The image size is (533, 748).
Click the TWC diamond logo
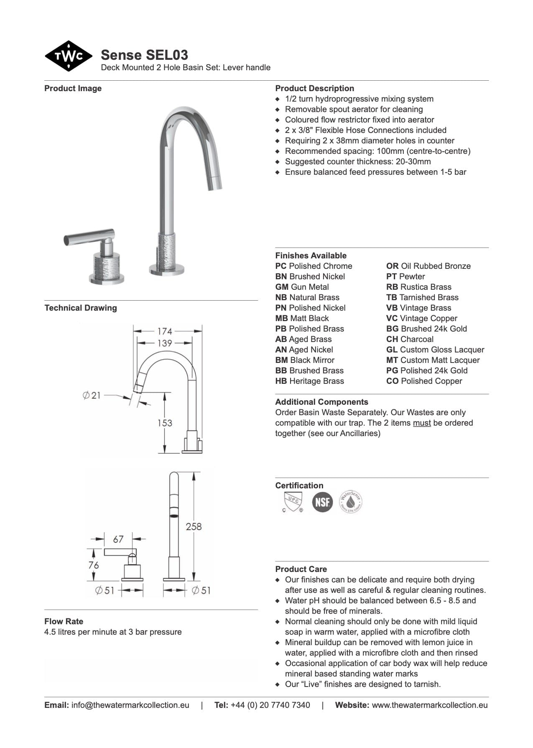(68, 56)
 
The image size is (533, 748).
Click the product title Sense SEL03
(144, 55)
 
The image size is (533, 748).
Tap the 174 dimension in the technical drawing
(165, 331)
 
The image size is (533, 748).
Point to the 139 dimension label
(165, 343)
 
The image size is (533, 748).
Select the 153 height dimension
(165, 423)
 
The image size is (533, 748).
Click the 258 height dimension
(194, 526)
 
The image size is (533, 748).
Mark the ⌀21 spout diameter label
(92, 395)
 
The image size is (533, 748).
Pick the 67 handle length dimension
(118, 539)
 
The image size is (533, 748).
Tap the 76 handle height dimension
(94, 565)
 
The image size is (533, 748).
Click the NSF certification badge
(322, 502)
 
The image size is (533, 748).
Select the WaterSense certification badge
(350, 501)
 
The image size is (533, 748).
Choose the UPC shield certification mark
(293, 502)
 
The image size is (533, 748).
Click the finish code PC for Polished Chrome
(281, 266)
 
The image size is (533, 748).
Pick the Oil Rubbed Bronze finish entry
(428, 266)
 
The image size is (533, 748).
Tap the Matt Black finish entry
(302, 318)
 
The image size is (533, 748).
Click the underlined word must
(422, 423)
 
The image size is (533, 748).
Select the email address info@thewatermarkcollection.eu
(130, 705)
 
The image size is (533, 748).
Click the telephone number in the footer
(270, 705)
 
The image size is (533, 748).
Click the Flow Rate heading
(64, 621)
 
